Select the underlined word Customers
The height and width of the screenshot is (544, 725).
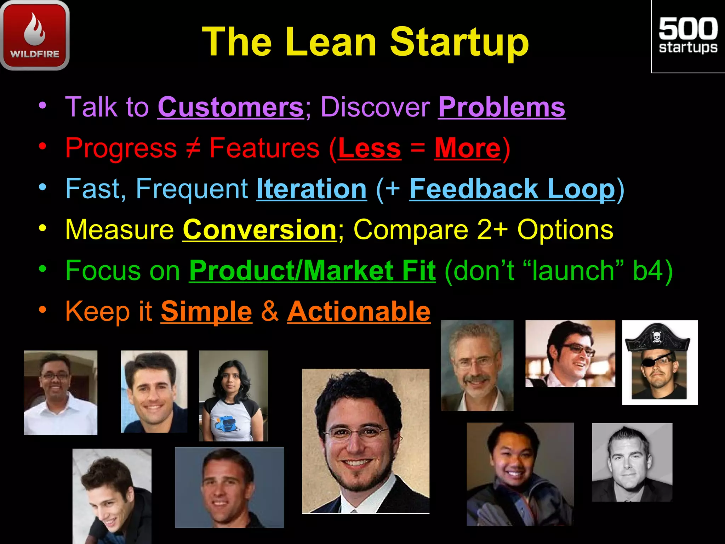click(230, 107)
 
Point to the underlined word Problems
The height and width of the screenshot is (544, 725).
click(502, 107)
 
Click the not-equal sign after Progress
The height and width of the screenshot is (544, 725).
click(193, 148)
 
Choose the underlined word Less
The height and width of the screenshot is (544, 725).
click(370, 148)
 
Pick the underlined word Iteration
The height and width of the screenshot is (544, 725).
click(312, 189)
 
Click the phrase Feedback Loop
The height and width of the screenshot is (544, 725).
click(512, 189)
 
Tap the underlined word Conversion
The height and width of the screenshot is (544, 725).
click(259, 230)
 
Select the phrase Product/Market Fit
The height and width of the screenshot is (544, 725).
click(312, 271)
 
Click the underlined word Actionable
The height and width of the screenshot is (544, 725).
click(359, 311)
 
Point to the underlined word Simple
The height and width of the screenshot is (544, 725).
click(206, 311)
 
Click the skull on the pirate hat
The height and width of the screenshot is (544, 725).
click(656, 336)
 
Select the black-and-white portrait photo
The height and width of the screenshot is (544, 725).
click(632, 462)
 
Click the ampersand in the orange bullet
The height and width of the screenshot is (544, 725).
click(270, 311)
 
